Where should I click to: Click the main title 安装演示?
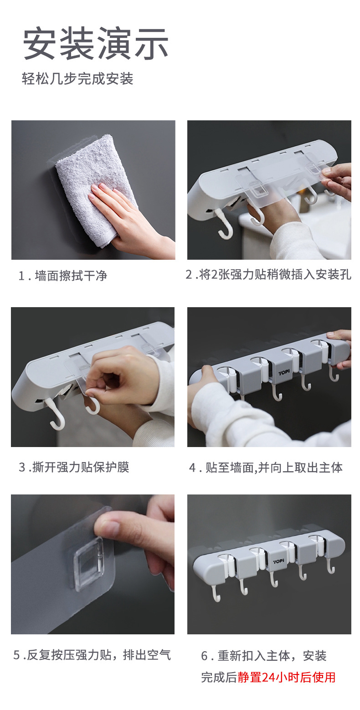tap(96, 44)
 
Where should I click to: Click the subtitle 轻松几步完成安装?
tap(77, 79)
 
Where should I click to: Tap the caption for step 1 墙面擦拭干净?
tap(63, 276)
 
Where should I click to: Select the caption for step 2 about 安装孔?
tap(268, 275)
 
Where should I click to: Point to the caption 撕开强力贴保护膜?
tap(74, 467)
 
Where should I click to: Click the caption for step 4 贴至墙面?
tap(266, 468)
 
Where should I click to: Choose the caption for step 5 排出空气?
tap(92, 655)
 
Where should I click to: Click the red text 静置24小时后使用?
tap(286, 677)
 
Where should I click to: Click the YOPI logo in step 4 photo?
tap(284, 372)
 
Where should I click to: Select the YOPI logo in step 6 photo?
tap(278, 561)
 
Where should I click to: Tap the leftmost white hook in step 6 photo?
tap(216, 592)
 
